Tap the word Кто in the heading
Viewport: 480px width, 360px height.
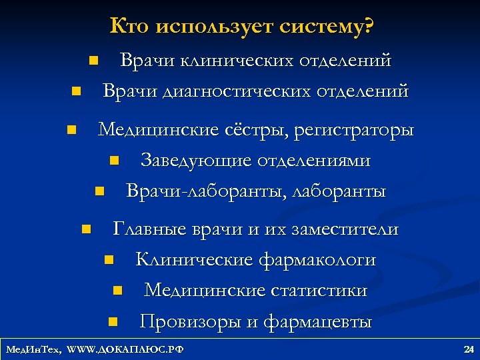tap(129, 26)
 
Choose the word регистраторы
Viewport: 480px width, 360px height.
tap(354, 129)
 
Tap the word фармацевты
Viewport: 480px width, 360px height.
tap(318, 322)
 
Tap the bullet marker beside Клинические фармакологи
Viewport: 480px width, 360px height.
tap(108, 260)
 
